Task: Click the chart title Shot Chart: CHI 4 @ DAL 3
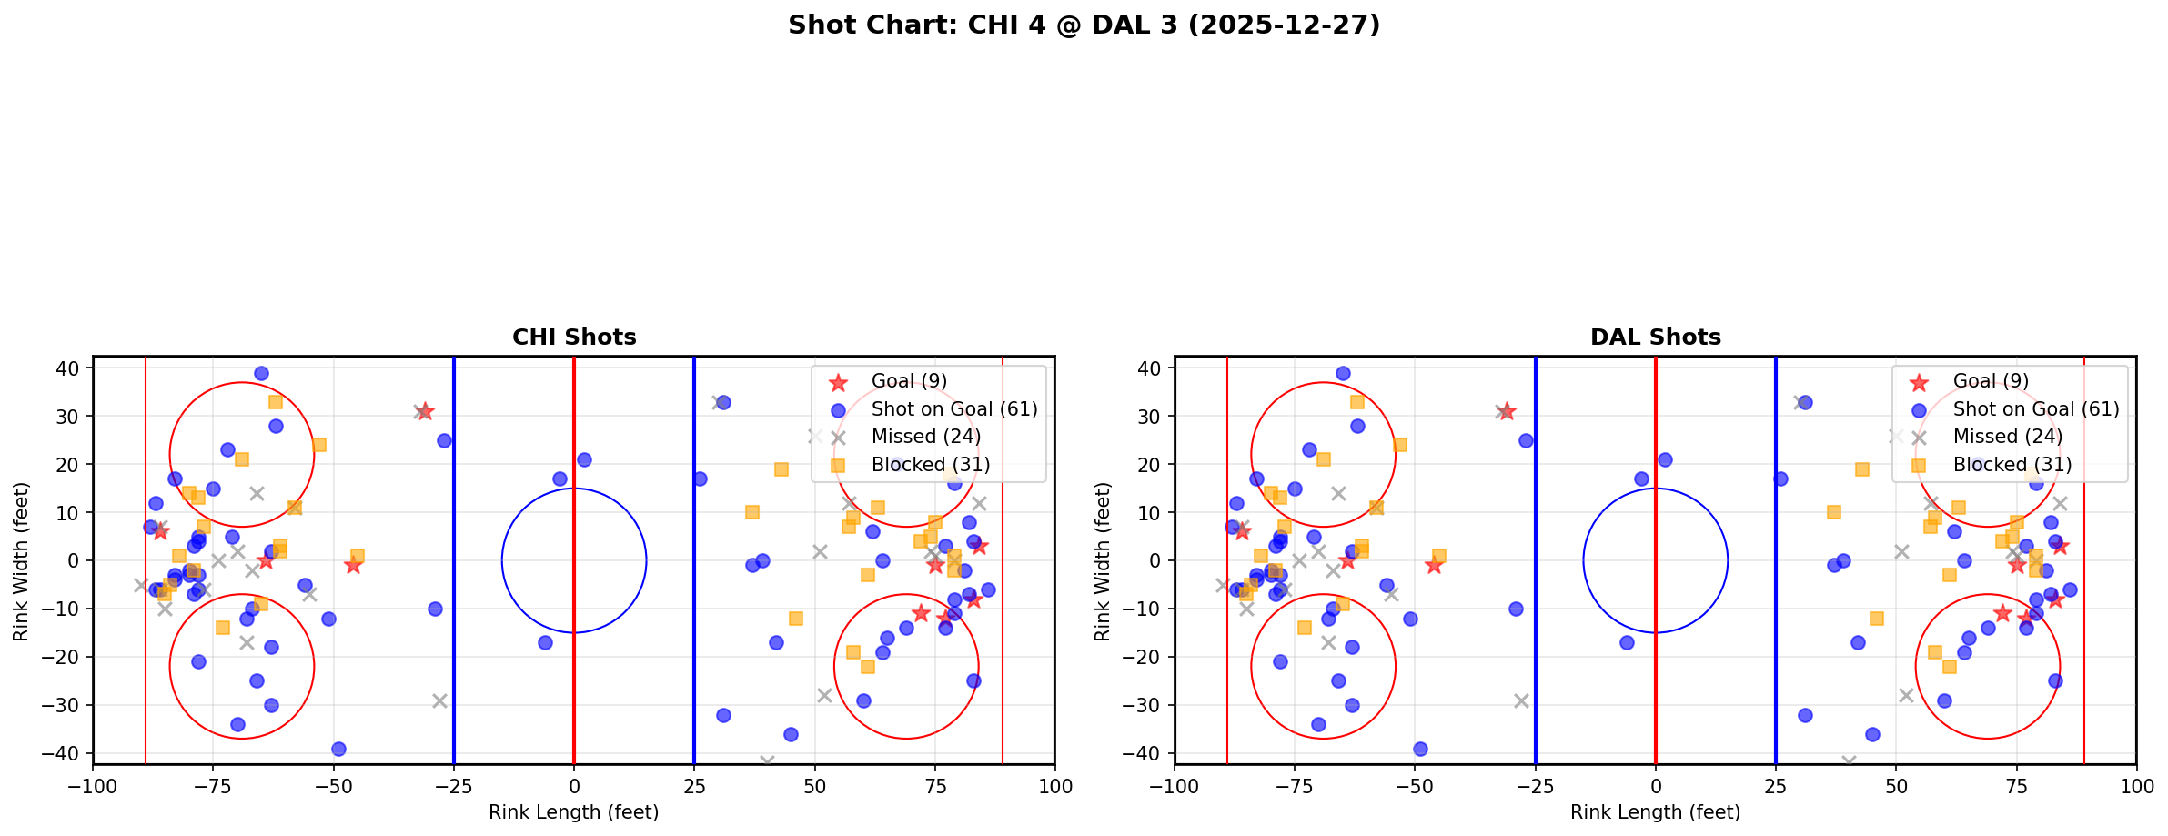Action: [1084, 25]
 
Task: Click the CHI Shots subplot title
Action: [574, 337]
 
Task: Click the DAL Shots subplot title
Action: [1655, 337]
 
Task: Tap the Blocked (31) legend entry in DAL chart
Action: [2012, 465]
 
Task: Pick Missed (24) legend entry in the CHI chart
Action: [925, 437]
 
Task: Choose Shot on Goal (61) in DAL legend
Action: [2035, 409]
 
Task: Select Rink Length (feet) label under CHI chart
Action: [574, 812]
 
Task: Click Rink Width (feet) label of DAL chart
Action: [1103, 561]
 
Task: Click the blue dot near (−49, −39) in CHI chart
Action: [338, 749]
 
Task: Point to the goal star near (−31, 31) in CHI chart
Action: [425, 411]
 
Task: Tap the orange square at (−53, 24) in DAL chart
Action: [1400, 445]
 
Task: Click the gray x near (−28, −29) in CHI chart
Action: [439, 700]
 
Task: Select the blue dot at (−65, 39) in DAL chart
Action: [1343, 373]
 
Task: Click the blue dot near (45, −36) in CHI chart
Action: [791, 734]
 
